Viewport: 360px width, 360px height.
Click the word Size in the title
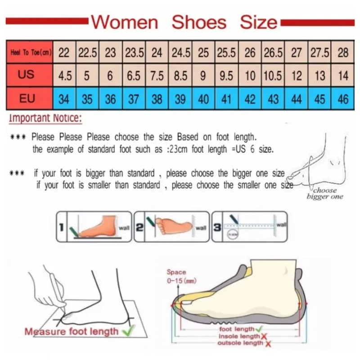pos(258,22)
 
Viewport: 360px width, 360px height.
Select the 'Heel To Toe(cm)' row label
pos(30,53)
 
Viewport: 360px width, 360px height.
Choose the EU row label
pos(27,98)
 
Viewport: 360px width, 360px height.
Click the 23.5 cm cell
pos(134,53)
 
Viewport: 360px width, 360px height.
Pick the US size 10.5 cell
pos(273,76)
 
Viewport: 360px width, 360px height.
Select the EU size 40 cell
pos(203,99)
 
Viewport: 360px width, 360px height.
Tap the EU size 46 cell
pos(343,99)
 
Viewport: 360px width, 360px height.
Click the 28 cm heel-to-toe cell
pos(343,53)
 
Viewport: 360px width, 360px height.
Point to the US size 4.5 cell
pos(65,76)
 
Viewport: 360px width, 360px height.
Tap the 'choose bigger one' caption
pos(325,193)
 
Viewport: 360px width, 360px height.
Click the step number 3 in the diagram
pos(217,228)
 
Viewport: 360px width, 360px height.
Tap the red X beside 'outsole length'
pos(268,343)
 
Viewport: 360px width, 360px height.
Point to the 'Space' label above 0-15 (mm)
pos(176,272)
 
